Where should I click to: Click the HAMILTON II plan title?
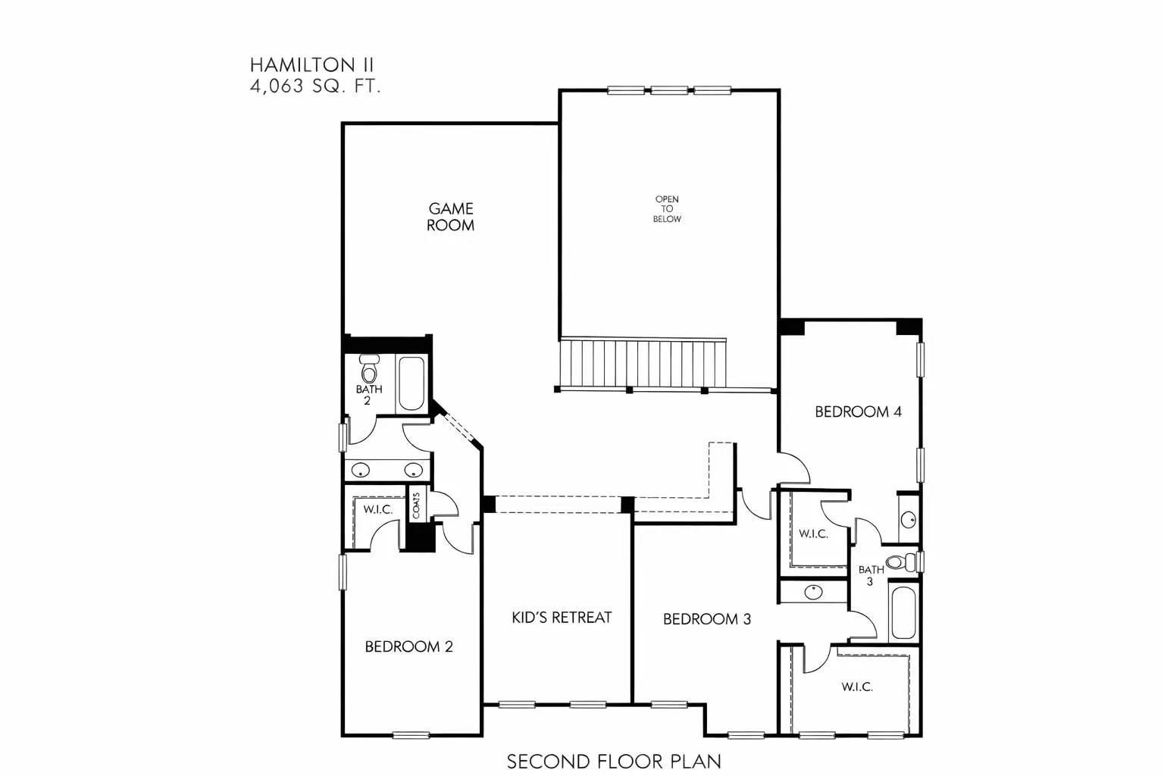tap(311, 65)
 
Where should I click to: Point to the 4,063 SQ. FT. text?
tap(315, 86)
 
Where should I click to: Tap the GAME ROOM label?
tap(450, 217)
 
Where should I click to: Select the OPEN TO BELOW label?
tap(667, 209)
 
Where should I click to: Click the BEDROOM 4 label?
tap(858, 412)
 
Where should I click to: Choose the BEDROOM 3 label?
tap(706, 619)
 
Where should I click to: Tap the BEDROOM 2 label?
tap(408, 646)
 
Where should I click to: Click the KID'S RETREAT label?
tap(562, 618)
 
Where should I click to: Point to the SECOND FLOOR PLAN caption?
tap(614, 761)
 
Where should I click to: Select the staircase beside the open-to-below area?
tap(643, 363)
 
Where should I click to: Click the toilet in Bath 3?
tap(899, 562)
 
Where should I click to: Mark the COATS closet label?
tap(416, 505)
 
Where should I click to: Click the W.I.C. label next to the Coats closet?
tap(377, 509)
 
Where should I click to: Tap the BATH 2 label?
tap(369, 395)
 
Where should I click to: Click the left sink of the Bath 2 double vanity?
tap(361, 470)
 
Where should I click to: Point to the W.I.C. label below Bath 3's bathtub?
tap(857, 687)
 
